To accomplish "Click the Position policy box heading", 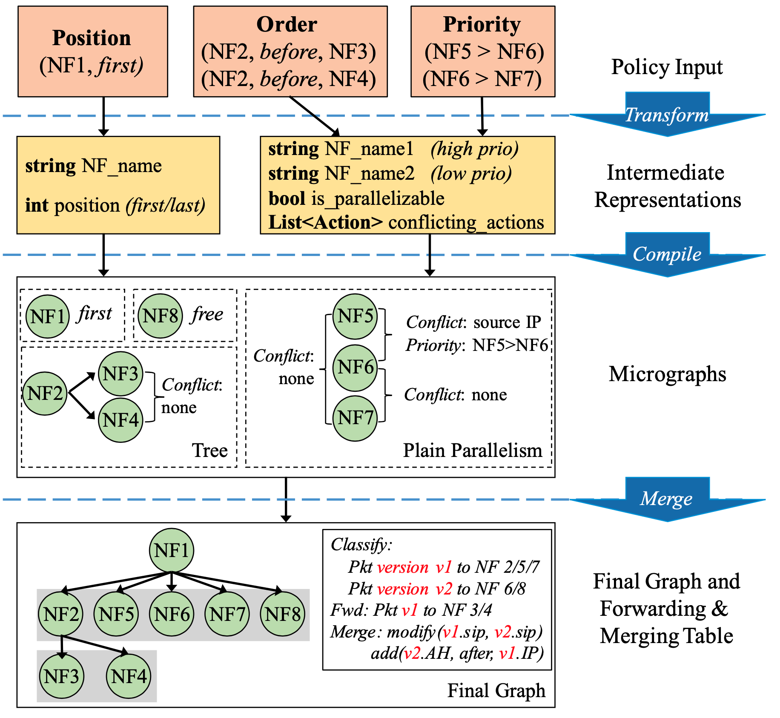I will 92,38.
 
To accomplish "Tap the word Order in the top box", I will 287,24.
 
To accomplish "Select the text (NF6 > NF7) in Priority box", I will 482,79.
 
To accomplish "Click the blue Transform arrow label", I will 666,115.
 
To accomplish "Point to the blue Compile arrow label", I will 667,254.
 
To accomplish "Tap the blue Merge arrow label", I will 666,498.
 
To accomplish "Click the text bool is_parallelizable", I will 356,198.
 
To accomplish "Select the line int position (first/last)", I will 115,205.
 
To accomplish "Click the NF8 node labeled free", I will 161,316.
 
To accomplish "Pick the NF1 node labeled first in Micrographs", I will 47,316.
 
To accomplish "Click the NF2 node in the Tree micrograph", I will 45,393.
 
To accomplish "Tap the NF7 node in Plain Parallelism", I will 355,418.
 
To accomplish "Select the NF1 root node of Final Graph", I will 172,550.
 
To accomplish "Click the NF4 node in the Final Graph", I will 129,676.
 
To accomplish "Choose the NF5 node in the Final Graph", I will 116,614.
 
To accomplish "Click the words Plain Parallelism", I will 473,450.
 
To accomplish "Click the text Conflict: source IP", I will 473,322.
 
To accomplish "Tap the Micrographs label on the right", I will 667,374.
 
